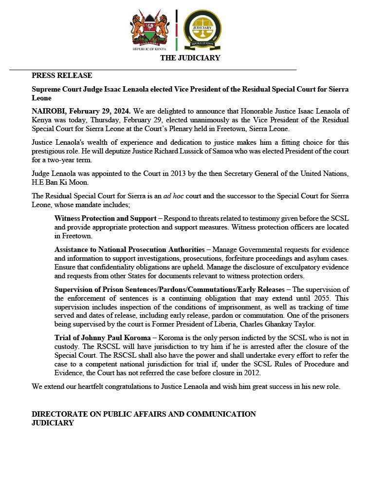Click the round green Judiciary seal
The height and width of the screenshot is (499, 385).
click(x=202, y=29)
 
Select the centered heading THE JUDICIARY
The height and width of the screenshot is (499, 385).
click(x=190, y=58)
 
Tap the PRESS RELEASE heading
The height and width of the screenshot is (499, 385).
click(x=62, y=76)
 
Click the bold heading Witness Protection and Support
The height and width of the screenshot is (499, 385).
click(x=105, y=218)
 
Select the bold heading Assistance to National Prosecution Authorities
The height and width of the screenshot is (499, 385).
click(x=129, y=249)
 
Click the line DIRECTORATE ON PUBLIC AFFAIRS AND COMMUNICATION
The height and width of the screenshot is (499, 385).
click(x=144, y=414)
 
